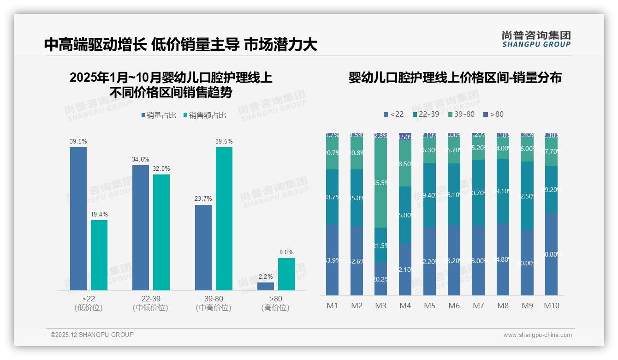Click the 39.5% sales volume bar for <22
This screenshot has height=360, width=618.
pos(78,219)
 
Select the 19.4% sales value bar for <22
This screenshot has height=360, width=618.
pos(99,255)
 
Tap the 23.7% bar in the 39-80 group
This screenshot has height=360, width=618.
pos(203,247)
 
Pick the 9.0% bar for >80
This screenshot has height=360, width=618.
pos(286,274)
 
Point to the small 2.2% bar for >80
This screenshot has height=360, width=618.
pos(266,286)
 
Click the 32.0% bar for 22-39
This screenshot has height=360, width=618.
pos(161,232)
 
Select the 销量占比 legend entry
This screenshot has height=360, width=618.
pos(159,115)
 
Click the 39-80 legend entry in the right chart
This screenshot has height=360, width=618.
pos(461,114)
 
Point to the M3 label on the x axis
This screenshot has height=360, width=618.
pos(380,306)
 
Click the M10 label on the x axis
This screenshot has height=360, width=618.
pos(551,306)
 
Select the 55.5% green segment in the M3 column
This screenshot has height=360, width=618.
pos(380,182)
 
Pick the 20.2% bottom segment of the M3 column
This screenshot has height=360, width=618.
pos(380,279)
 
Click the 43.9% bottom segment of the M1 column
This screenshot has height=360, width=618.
pos(332,260)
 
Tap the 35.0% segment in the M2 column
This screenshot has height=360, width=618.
pos(357,198)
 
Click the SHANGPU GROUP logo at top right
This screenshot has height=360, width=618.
pos(536,39)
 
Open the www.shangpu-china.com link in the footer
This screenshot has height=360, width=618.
pos(537,335)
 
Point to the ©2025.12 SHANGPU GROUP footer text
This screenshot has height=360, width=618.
pos(92,335)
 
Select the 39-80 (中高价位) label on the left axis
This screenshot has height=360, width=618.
pos(214,303)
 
